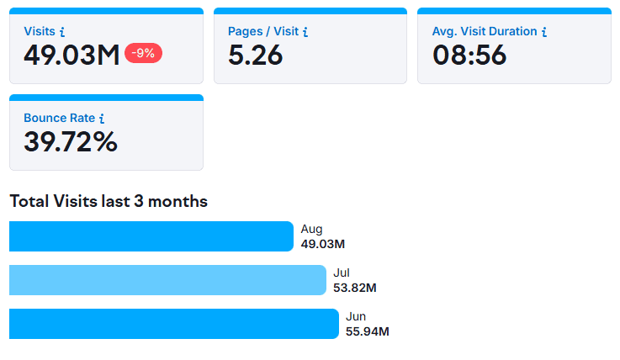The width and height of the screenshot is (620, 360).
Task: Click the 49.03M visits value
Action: click(x=72, y=56)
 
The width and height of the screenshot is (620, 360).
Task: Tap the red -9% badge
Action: click(x=143, y=53)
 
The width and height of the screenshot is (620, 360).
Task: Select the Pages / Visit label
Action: click(x=262, y=31)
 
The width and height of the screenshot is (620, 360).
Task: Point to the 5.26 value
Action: click(x=256, y=56)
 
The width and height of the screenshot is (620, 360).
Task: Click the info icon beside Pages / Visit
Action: click(x=305, y=32)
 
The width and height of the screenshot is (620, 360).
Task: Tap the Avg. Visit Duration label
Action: click(x=484, y=31)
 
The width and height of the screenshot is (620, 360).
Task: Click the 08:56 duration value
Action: click(x=469, y=56)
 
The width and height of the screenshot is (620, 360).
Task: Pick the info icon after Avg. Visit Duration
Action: click(x=544, y=32)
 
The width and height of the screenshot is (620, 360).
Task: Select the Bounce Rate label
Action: click(x=59, y=118)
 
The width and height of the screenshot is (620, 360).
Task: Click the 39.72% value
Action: click(x=70, y=142)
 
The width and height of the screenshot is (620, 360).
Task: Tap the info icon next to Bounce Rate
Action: click(x=102, y=119)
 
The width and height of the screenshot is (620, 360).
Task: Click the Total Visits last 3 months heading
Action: click(x=109, y=201)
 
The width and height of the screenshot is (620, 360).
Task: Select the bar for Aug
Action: click(x=151, y=236)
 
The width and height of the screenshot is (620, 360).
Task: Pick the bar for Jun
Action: click(x=173, y=324)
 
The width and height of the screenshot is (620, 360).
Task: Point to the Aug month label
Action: click(x=311, y=229)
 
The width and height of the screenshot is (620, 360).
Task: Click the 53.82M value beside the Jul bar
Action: click(x=354, y=288)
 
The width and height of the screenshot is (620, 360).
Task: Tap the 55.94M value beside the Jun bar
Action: click(x=367, y=331)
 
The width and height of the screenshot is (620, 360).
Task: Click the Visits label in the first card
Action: click(x=40, y=31)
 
